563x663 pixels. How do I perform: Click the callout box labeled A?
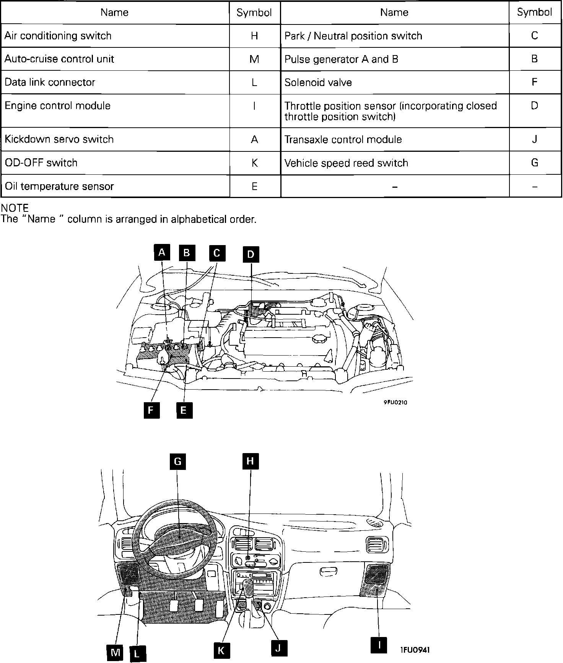pos(162,252)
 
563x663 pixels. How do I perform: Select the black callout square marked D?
pos(251,254)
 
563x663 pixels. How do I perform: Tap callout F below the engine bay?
pos(151,411)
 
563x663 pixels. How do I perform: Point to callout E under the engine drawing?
pos(184,411)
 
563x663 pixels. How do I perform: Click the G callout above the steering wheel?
pos(178,461)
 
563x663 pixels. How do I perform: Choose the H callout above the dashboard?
pos(251,461)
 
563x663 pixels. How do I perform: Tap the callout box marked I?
pos(379,645)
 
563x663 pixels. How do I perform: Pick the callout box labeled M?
pos(115,652)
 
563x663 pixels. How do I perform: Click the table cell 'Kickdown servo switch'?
pos(115,139)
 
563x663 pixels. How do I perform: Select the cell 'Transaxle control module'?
pos(395,139)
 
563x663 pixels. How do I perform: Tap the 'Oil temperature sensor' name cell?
pos(115,186)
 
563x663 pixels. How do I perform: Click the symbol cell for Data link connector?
pos(255,82)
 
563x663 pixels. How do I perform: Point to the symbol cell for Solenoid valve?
pos(535,82)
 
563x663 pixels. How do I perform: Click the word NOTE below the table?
pos(15,208)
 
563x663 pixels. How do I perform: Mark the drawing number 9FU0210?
pos(395,402)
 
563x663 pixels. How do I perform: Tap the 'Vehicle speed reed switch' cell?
pos(395,163)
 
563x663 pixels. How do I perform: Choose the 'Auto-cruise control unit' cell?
pos(115,59)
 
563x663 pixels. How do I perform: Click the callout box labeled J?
pos(278,648)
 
